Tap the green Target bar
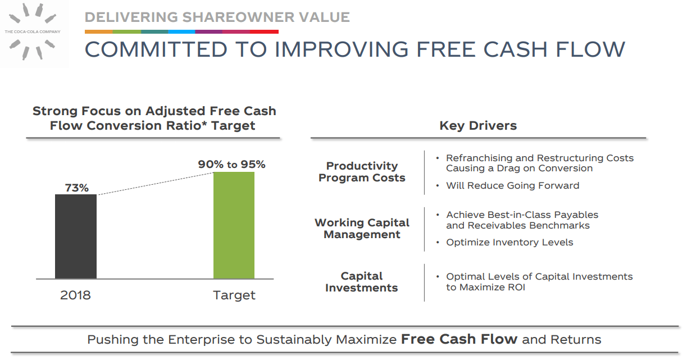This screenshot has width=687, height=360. pyautogui.click(x=234, y=225)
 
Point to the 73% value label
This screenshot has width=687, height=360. pyautogui.click(x=76, y=188)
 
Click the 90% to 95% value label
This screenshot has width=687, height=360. pyautogui.click(x=231, y=165)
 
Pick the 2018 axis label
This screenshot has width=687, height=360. pyautogui.click(x=75, y=295)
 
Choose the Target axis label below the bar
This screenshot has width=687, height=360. pyautogui.click(x=234, y=295)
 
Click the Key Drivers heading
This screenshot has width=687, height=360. pyautogui.click(x=478, y=126)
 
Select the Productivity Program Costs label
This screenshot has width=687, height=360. pyautogui.click(x=362, y=172)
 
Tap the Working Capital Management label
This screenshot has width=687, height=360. pyautogui.click(x=362, y=229)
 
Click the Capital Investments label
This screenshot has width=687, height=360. pyautogui.click(x=361, y=282)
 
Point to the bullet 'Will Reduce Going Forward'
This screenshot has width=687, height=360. pyautogui.click(x=512, y=186)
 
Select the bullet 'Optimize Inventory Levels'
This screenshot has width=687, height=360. pyautogui.click(x=509, y=243)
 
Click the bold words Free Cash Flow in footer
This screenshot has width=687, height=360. pyautogui.click(x=459, y=339)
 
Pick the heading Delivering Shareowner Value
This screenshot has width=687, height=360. pyautogui.click(x=217, y=17)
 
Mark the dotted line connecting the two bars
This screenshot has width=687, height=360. pyautogui.click(x=154, y=184)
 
